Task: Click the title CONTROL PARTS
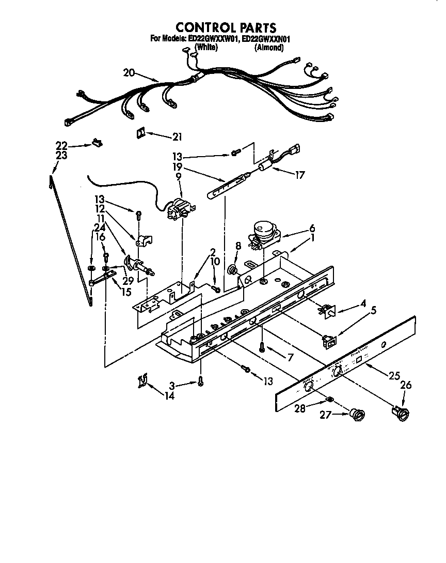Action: pos(226,28)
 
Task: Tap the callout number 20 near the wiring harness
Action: pos(129,73)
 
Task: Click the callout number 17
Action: pos(299,175)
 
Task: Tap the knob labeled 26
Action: pos(401,412)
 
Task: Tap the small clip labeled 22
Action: pos(95,142)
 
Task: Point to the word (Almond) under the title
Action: pos(269,48)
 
